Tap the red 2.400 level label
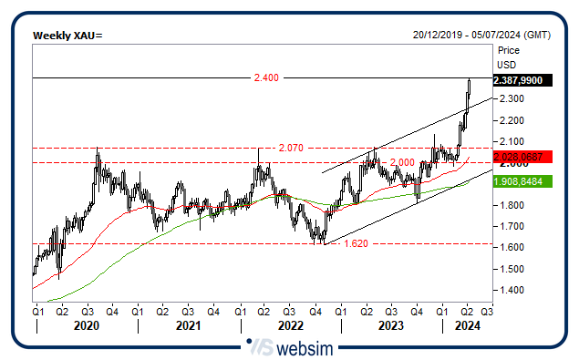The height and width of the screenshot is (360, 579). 265,79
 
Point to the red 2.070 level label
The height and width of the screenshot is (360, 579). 290,148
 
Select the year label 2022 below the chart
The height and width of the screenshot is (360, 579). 290,324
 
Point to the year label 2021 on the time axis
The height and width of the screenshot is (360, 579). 188,324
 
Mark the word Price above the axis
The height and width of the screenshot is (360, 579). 509,51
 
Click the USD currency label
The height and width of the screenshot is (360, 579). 506,65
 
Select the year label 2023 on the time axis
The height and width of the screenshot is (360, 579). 391,324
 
